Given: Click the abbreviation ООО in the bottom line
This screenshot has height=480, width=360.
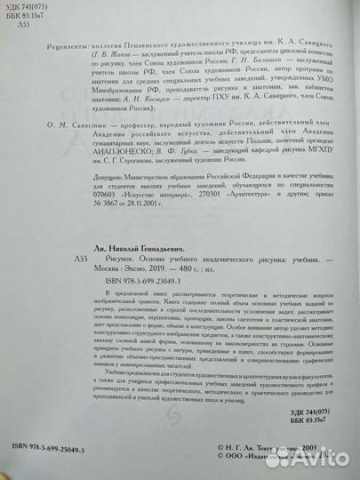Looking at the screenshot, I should point(235,462).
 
